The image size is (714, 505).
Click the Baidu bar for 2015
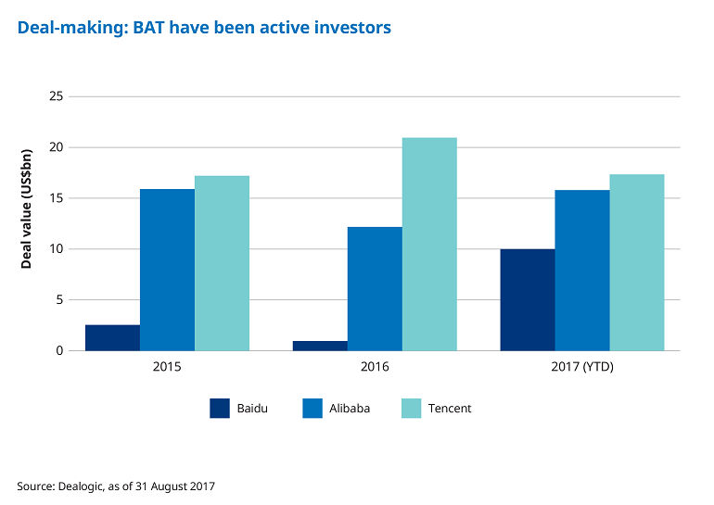[x=112, y=338]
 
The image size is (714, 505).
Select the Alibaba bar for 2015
[x=167, y=270]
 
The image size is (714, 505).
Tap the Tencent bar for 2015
[x=222, y=263]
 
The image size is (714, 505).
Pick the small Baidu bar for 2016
[x=320, y=346]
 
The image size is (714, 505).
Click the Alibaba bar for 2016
[x=375, y=289]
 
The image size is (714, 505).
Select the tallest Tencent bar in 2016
[x=429, y=245]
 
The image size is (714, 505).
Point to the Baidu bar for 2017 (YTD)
[x=528, y=300]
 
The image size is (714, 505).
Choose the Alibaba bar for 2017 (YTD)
[x=582, y=271]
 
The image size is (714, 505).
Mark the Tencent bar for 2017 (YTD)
[x=637, y=262]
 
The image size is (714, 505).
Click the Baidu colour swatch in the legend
[x=220, y=408]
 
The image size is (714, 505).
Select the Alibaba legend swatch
[x=312, y=408]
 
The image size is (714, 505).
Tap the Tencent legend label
[x=450, y=409]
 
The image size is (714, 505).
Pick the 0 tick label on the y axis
[x=58, y=351]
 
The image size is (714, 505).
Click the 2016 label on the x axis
[x=375, y=367]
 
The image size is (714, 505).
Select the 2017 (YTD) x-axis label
[x=582, y=367]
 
